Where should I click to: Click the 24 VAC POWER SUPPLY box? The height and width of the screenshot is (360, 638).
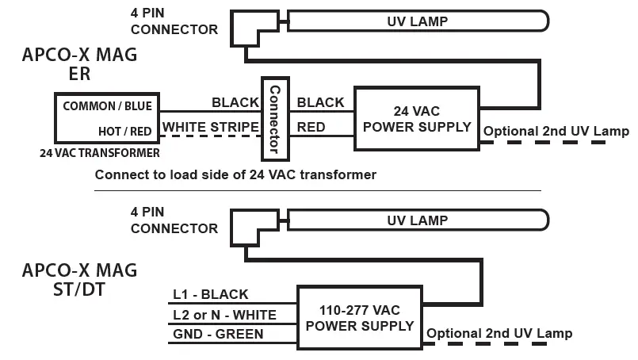coord(417,118)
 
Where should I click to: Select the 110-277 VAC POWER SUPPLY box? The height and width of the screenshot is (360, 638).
coord(359,317)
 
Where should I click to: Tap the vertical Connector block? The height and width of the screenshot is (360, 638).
coord(274,118)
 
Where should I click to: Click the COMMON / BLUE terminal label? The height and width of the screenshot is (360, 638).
coord(107,105)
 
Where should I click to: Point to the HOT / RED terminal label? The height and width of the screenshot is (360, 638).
coord(124,131)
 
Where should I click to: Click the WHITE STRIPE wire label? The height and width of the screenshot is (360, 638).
coord(211,127)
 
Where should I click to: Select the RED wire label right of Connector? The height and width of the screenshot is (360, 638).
coord(310,127)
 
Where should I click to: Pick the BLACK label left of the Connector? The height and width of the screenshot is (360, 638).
coord(235,102)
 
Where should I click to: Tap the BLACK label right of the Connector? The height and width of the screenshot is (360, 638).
coord(320,102)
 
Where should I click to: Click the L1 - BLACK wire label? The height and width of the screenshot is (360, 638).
coord(211,294)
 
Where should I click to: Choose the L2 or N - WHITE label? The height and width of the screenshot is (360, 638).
coord(225,315)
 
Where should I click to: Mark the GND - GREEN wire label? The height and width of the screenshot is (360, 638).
coord(219,335)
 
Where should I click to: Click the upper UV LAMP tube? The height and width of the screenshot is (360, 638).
coord(417,21)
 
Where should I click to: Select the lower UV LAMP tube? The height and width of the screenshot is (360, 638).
coord(417,220)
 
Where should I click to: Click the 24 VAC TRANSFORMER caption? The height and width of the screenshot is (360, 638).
coord(99,152)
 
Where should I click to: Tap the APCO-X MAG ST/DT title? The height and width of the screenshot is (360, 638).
coord(79,278)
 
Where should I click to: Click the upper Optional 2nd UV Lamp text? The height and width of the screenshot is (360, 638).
coord(556,131)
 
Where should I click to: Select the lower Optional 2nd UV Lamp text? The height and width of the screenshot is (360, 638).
coord(499,333)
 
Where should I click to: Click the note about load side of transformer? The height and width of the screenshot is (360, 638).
coord(235,174)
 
